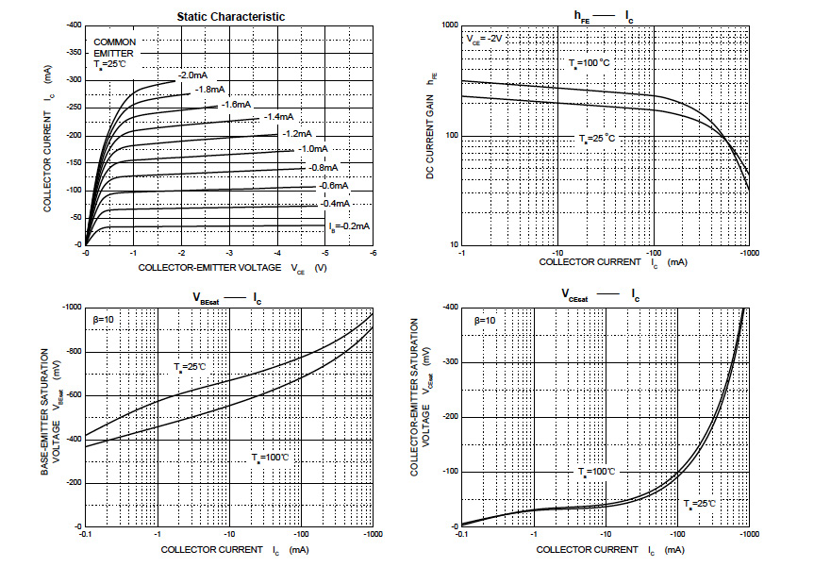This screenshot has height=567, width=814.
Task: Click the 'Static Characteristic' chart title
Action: [x=231, y=16]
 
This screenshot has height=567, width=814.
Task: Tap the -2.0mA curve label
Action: [x=191, y=75]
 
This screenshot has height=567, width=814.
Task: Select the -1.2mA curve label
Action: [x=297, y=133]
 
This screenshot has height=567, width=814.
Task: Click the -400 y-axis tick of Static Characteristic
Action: [x=72, y=25]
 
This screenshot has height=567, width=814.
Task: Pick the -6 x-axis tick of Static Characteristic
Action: [x=373, y=253]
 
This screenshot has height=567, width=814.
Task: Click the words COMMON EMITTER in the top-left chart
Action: [x=114, y=48]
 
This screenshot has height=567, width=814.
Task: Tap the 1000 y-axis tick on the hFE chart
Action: [x=447, y=25]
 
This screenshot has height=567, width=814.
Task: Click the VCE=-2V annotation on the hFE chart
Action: [x=487, y=40]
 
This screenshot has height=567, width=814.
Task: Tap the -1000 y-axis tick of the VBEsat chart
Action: [x=71, y=308]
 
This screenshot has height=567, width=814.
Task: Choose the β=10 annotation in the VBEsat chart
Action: [x=104, y=321]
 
